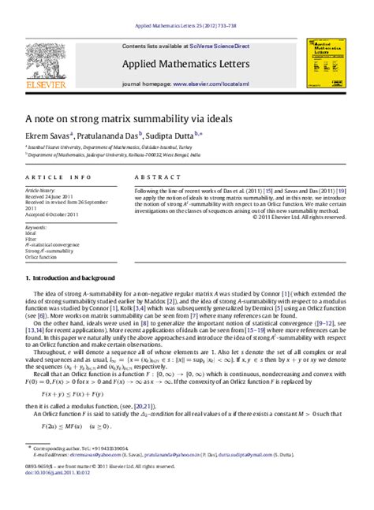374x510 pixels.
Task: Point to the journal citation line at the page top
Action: (186, 6)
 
